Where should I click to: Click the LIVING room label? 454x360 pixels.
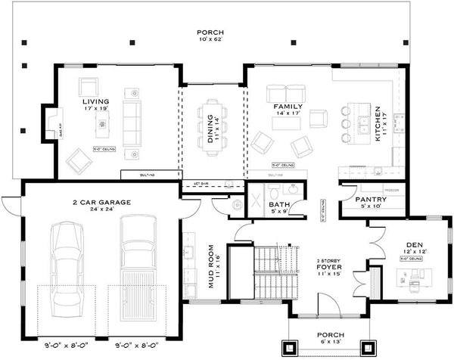96,101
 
